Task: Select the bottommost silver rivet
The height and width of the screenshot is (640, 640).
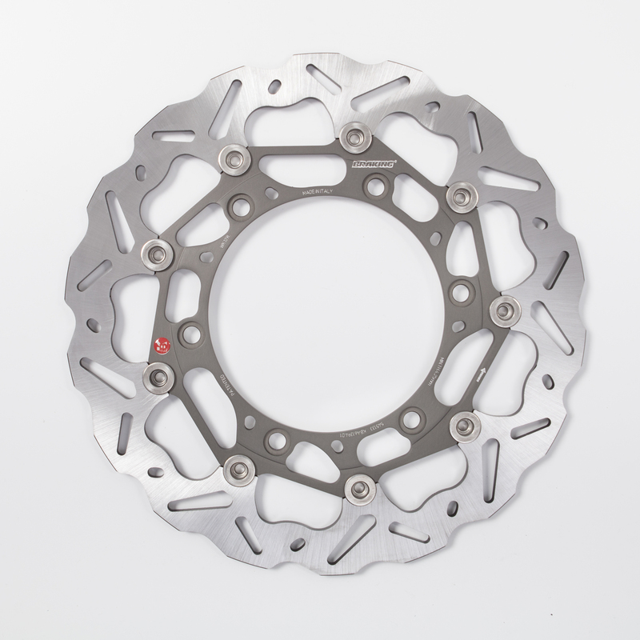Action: (358, 485)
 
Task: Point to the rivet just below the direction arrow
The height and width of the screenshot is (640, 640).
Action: (462, 421)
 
